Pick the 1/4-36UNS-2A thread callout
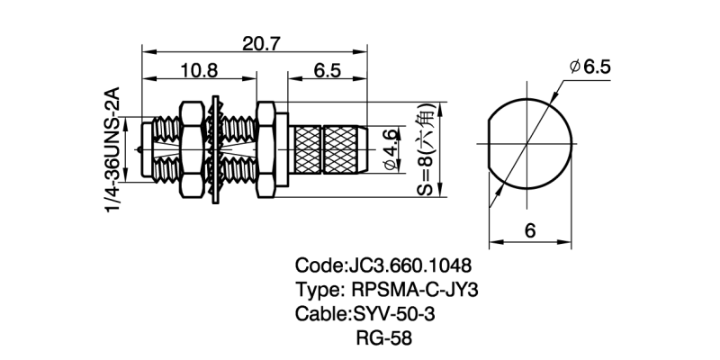(114, 150)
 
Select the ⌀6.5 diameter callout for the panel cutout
(589, 67)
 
